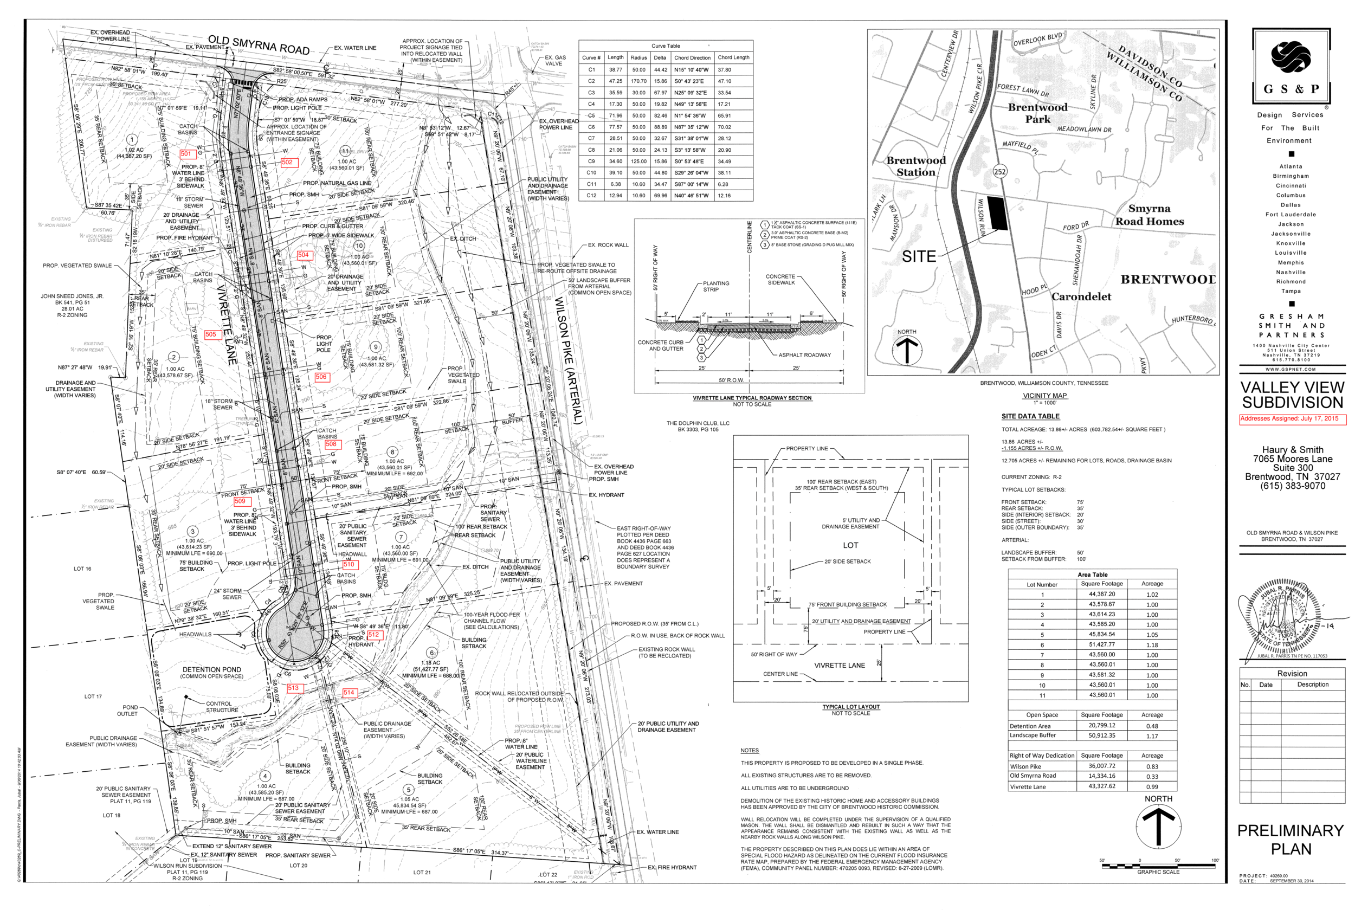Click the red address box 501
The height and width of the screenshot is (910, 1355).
click(186, 154)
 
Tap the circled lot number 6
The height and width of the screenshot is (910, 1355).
click(431, 653)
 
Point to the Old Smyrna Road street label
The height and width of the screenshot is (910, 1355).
click(259, 46)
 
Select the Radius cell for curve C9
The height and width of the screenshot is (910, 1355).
click(638, 162)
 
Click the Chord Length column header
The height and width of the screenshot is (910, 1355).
click(733, 57)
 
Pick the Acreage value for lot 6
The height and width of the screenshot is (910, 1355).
click(1152, 646)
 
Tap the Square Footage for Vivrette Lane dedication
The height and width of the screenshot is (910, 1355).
click(1101, 787)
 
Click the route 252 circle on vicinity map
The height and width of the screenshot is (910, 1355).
click(999, 171)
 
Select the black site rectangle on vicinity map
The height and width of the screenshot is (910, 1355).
click(996, 213)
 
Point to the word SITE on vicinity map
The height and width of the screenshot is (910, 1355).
click(919, 257)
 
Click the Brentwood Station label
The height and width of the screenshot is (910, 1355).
click(916, 166)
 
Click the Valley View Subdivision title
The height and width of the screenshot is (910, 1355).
click(1292, 395)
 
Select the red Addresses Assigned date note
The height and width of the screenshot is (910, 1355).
click(1292, 419)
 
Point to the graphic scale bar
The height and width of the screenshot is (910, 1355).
click(1158, 867)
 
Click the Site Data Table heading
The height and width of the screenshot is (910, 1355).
click(1030, 417)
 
